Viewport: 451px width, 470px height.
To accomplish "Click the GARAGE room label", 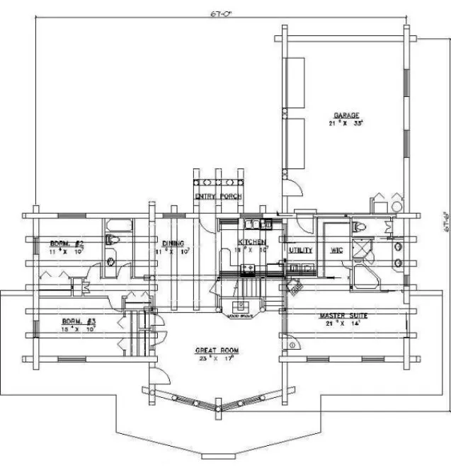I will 347,115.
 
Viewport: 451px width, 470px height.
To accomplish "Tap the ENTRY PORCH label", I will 218,196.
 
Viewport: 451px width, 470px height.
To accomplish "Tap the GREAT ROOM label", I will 217,350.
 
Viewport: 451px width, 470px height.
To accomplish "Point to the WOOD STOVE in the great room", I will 241,306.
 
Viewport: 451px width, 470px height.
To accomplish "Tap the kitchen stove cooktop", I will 249,268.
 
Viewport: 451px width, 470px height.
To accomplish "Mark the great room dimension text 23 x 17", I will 217,358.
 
